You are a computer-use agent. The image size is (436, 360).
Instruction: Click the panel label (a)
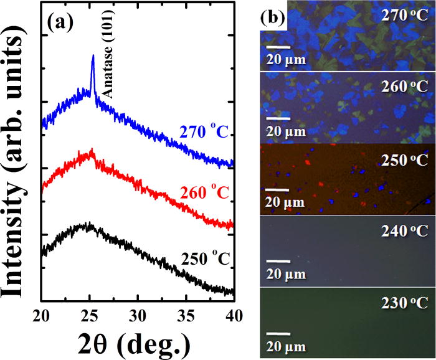click(61, 26)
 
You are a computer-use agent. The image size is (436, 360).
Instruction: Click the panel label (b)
click(272, 14)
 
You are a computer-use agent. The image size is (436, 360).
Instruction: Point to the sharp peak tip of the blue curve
click(93, 56)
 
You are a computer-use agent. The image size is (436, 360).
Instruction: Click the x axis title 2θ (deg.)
click(137, 342)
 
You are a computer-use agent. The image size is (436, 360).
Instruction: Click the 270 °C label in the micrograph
click(405, 15)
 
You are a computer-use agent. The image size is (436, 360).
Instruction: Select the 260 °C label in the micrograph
click(405, 87)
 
